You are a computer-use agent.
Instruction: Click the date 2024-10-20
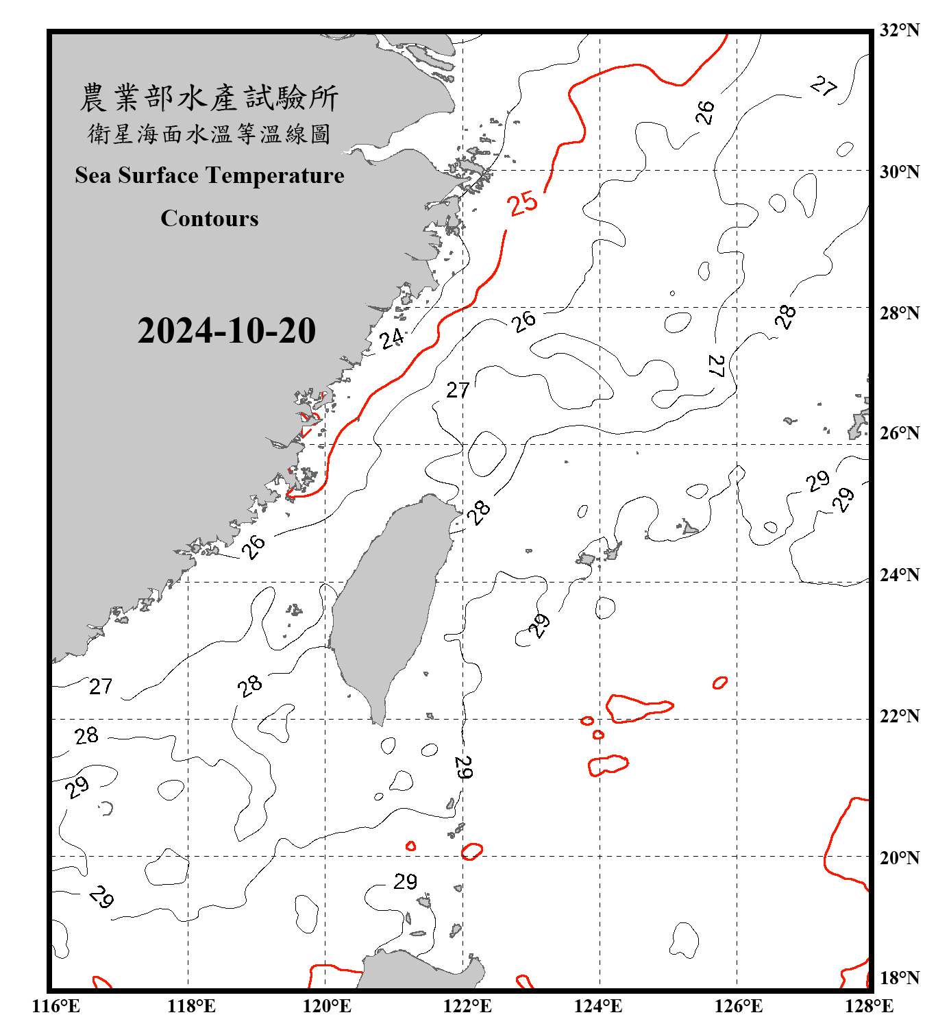pyautogui.click(x=226, y=331)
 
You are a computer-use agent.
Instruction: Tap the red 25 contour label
pyautogui.click(x=523, y=203)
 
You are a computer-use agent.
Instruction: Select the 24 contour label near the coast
pyautogui.click(x=392, y=338)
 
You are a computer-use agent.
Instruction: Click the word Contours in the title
pyautogui.click(x=209, y=219)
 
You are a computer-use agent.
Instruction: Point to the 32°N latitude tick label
pyautogui.click(x=899, y=30)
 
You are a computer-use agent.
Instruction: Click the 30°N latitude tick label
pyautogui.click(x=899, y=172)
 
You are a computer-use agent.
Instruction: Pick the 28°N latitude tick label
pyautogui.click(x=899, y=313)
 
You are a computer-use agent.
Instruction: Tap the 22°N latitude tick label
pyautogui.click(x=899, y=716)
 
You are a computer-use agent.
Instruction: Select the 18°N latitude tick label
pyautogui.click(x=899, y=978)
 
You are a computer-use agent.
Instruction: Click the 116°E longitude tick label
pyautogui.click(x=56, y=1006)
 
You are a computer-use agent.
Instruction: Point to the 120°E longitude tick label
pyautogui.click(x=327, y=1006)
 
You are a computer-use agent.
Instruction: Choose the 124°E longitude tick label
pyautogui.click(x=598, y=1006)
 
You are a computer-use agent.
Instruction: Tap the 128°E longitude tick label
pyautogui.click(x=869, y=1006)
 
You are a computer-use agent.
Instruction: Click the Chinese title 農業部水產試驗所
pyautogui.click(x=209, y=98)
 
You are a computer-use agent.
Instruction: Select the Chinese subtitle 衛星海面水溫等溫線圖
pyautogui.click(x=209, y=134)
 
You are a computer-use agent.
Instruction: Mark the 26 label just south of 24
pyautogui.click(x=253, y=547)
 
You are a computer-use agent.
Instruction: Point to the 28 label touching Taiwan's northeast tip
pyautogui.click(x=478, y=511)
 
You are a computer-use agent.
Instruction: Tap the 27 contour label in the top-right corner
pyautogui.click(x=823, y=86)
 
